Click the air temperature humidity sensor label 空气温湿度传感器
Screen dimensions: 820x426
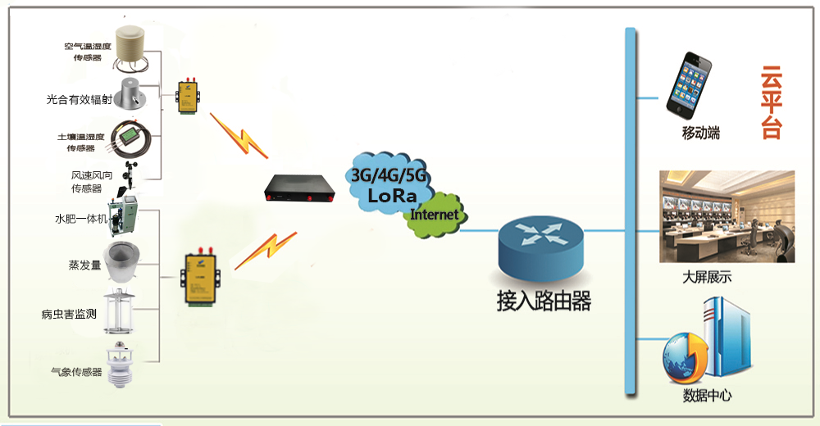coord(88,52)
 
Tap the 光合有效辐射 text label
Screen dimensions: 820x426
coord(80,99)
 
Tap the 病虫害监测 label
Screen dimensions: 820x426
coord(69,314)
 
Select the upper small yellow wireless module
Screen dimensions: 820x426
coord(187,96)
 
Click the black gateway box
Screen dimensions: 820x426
coord(299,188)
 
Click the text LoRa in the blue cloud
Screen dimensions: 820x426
coord(392,196)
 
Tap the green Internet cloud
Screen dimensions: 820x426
coord(435,215)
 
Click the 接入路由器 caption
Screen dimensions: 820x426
coord(544,301)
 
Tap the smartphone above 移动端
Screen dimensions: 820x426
coord(689,85)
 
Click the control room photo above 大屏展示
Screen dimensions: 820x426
coord(727,216)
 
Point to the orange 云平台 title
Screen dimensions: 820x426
coord(771,102)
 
